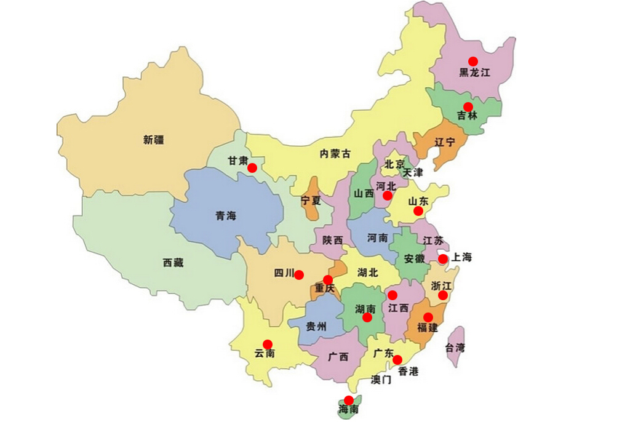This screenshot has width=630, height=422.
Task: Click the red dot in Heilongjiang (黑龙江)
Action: (472, 61)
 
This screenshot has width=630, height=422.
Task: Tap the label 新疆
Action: (154, 140)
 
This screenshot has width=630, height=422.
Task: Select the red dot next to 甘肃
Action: (252, 168)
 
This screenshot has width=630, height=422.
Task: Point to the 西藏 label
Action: (173, 263)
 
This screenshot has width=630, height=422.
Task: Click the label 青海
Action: (226, 216)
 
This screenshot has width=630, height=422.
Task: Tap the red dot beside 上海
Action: (443, 259)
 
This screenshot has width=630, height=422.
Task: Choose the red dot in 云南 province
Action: (268, 344)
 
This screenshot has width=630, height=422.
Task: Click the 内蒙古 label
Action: (335, 154)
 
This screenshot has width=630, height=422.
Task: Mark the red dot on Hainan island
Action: (349, 400)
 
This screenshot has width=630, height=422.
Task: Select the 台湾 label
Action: (455, 348)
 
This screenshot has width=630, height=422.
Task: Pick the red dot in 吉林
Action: (468, 106)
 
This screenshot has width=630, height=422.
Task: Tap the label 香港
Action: (409, 371)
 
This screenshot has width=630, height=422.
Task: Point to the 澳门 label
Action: (381, 379)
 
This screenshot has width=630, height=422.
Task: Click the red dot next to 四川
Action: (299, 274)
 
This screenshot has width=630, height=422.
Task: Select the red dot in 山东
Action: (418, 211)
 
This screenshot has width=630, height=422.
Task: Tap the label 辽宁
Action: (445, 142)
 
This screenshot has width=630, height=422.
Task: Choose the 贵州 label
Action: (316, 327)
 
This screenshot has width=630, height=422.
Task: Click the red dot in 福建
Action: (428, 317)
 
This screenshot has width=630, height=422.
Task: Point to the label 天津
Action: (413, 173)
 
